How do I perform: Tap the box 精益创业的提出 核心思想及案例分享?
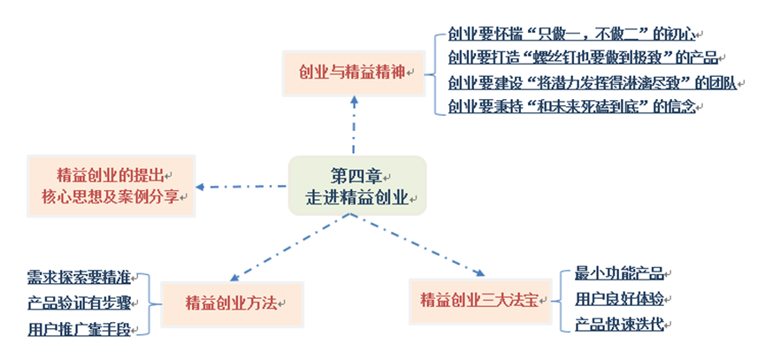coord(111,185)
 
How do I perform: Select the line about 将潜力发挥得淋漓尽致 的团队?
coord(587,83)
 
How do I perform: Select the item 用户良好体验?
coord(619,298)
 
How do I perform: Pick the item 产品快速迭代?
coord(619,324)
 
